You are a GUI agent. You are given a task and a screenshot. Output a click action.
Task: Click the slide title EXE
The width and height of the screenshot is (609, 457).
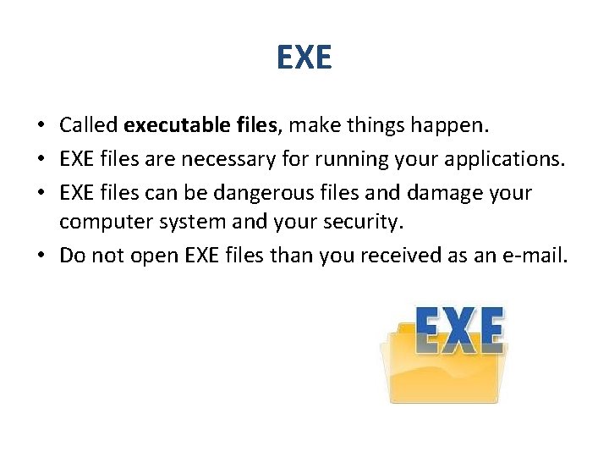[x=304, y=58]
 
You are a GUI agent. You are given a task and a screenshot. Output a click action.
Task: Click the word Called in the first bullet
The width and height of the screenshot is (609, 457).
[x=88, y=126]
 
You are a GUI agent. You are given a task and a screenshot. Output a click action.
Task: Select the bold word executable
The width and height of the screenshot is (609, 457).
[x=174, y=126]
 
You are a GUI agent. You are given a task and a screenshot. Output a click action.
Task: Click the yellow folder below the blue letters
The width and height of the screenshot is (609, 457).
[x=441, y=377]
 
